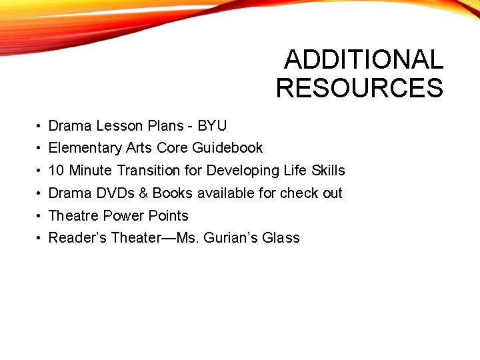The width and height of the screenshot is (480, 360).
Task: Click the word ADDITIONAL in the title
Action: coord(363,60)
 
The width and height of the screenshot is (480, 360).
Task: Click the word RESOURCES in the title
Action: coord(359,88)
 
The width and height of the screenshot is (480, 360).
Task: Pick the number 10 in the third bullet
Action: coord(56,170)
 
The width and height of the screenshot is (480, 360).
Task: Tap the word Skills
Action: coord(327,170)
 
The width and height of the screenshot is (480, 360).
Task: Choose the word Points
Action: coord(168,215)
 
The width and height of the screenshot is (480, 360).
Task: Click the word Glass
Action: coord(283,237)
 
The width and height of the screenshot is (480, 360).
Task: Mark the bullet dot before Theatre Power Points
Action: coord(40,216)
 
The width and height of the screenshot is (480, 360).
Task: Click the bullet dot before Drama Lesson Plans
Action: coord(40,126)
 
